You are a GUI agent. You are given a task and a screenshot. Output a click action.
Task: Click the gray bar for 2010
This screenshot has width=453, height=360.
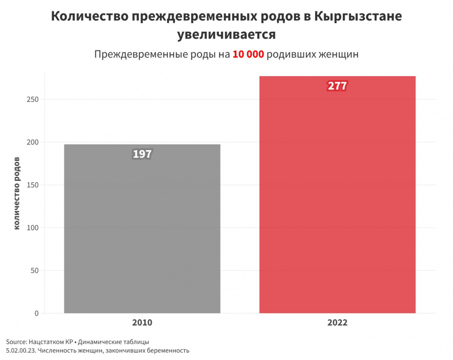(x=142, y=236)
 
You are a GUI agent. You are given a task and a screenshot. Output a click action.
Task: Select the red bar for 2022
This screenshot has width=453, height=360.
(x=337, y=204)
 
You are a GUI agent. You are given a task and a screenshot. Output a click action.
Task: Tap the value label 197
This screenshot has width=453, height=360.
(x=142, y=154)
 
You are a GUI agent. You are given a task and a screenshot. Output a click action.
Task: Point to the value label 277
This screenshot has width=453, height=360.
(x=337, y=86)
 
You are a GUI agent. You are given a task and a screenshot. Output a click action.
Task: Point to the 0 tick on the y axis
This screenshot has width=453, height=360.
(x=36, y=313)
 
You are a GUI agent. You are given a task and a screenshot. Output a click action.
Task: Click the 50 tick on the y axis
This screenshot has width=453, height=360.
(x=34, y=271)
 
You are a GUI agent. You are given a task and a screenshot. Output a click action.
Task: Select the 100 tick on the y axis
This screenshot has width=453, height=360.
(x=33, y=228)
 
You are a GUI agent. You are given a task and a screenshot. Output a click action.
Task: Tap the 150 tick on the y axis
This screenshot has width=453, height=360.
(x=33, y=185)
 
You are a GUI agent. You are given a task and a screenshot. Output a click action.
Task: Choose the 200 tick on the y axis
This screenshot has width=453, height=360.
(x=33, y=142)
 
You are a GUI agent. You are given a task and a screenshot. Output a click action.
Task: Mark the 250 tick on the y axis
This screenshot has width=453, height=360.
(x=33, y=99)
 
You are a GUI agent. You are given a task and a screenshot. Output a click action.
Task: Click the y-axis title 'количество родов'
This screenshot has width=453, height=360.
(x=17, y=194)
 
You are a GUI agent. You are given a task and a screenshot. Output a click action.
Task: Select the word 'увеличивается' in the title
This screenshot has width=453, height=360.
(x=226, y=34)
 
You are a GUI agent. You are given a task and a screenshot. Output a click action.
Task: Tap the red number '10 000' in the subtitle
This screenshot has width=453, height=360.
(x=248, y=54)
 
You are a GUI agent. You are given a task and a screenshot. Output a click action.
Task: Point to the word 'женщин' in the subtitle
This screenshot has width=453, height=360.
(x=337, y=54)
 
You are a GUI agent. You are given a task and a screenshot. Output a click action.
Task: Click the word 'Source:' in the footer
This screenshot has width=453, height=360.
(x=16, y=341)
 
